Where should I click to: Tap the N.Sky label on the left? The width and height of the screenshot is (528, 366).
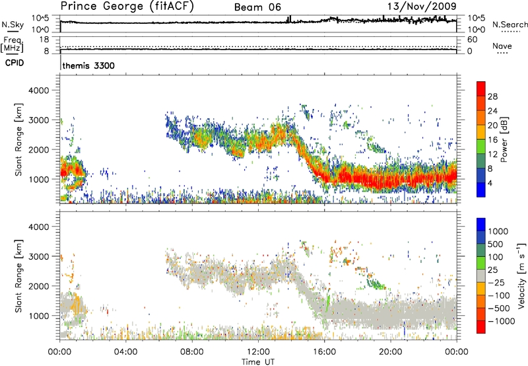(12, 24)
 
